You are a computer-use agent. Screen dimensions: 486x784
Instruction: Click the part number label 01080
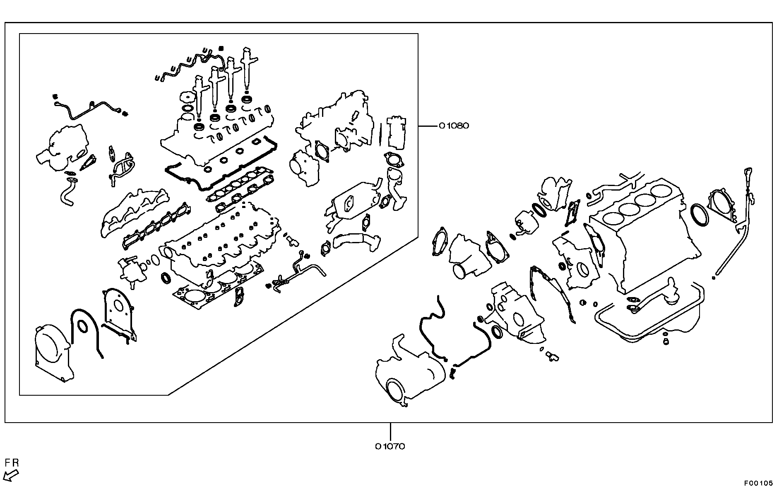click(x=454, y=126)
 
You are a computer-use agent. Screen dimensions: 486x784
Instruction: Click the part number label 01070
click(x=390, y=446)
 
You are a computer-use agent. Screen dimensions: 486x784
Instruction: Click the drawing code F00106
click(x=758, y=483)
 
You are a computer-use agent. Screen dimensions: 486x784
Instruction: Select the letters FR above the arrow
click(x=12, y=463)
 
